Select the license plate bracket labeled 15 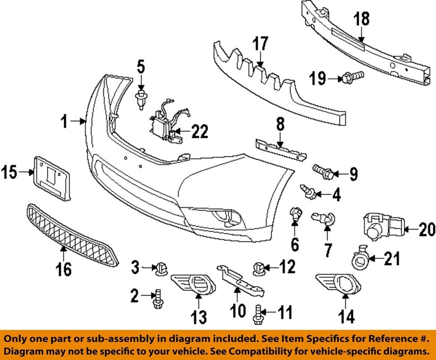pos(53,177)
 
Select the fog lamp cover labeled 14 pos(338,283)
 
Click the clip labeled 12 pos(258,268)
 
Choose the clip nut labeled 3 pos(161,268)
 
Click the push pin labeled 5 pos(141,99)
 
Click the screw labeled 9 pos(324,172)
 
